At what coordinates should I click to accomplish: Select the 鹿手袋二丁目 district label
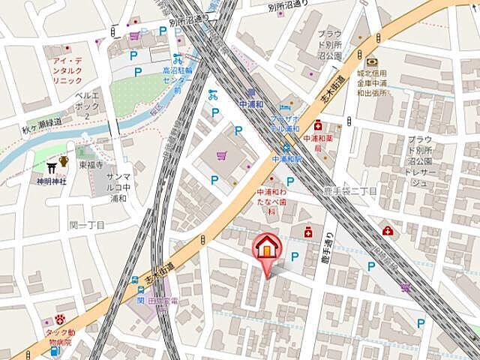[x=351, y=192]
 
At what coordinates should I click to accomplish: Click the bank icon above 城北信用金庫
[x=372, y=61]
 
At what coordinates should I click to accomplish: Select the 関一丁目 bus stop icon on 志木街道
[x=134, y=281]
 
